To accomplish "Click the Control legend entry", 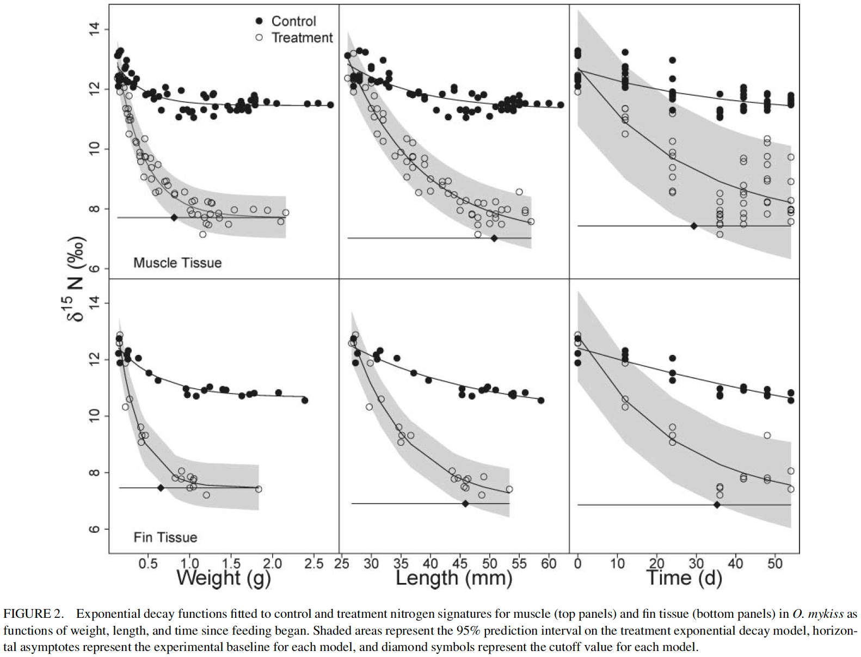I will [x=293, y=21].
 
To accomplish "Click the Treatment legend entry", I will [x=302, y=38].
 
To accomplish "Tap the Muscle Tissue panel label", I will [x=177, y=263].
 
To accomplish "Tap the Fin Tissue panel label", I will [x=165, y=537].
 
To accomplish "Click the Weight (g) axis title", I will [x=223, y=578].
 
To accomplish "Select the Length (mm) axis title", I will [x=454, y=578].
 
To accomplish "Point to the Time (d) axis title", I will [x=684, y=578].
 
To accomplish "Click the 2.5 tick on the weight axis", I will [x=314, y=564].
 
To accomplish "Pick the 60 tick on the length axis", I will [x=549, y=564].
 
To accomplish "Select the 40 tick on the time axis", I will [x=735, y=563].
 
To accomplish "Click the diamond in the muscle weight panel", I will [x=174, y=218].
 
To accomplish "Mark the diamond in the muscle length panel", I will [x=494, y=238].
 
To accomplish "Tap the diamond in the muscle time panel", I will [x=694, y=226].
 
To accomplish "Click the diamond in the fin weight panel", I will [x=161, y=488].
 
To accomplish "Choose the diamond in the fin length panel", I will [x=465, y=504].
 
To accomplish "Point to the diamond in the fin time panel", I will [x=717, y=505].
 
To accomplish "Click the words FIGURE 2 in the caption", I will [x=33, y=614].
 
